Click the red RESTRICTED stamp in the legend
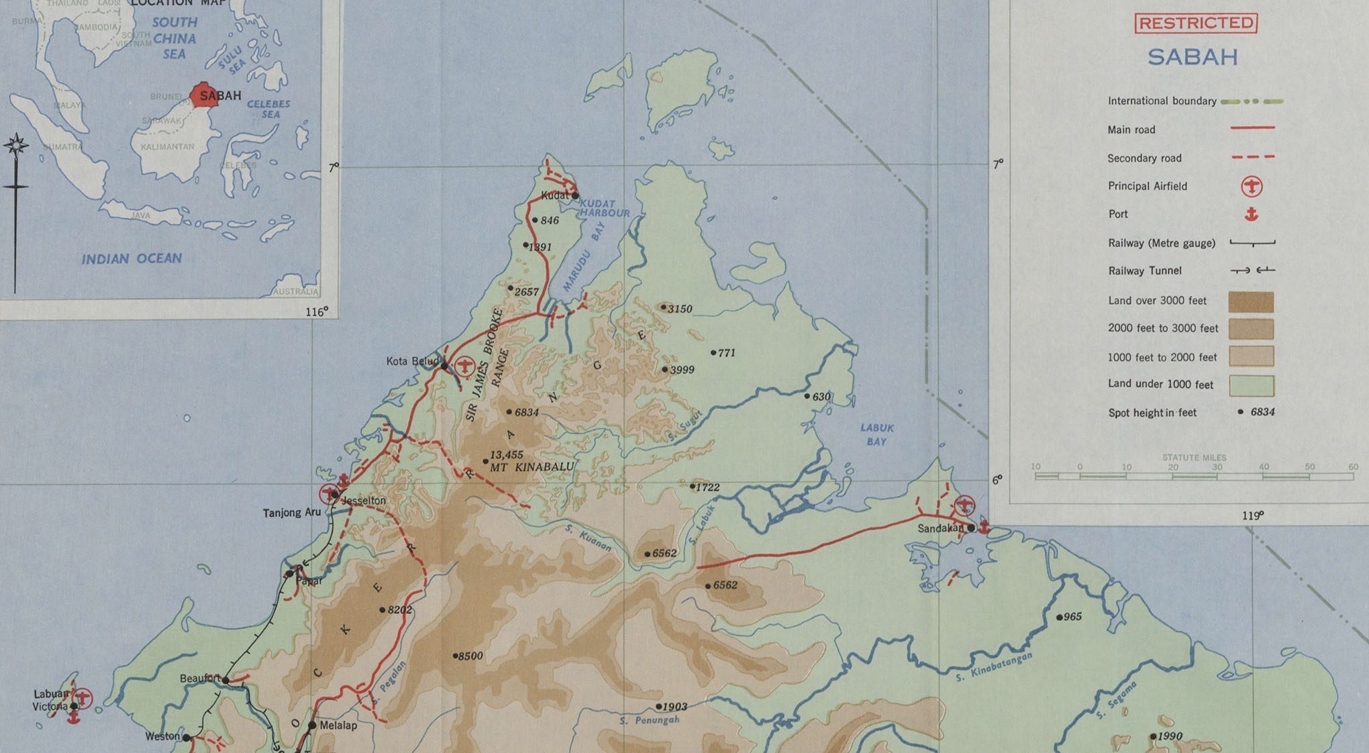pos(1196,23)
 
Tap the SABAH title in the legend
pos(1193,58)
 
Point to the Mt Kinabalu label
pos(531,467)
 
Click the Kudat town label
pos(555,195)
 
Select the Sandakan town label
pos(940,529)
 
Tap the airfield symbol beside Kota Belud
pos(464,366)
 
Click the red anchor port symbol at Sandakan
pos(983,527)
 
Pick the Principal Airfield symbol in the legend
pos(1252,186)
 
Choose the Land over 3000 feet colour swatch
pos(1251,301)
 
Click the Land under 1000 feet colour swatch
pos(1251,385)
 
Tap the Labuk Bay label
pos(876,435)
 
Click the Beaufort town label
pos(200,679)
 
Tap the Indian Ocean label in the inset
pos(132,258)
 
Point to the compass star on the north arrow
pos(15,144)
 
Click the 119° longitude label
pos(1252,515)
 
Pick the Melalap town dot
pos(312,725)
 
